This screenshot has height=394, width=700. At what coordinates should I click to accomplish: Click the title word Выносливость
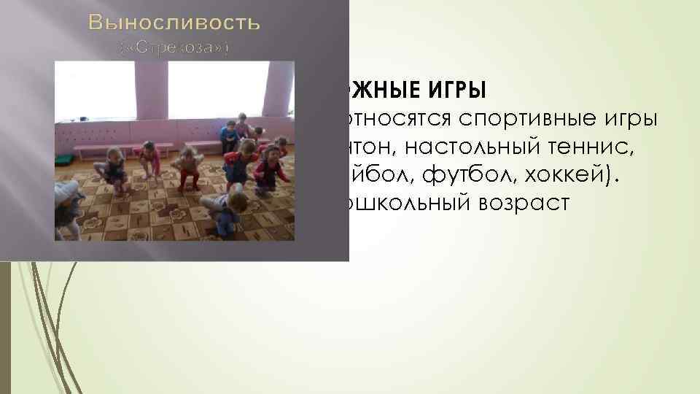pos(174,23)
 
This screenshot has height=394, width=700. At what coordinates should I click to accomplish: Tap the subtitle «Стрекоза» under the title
pos(174,49)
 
